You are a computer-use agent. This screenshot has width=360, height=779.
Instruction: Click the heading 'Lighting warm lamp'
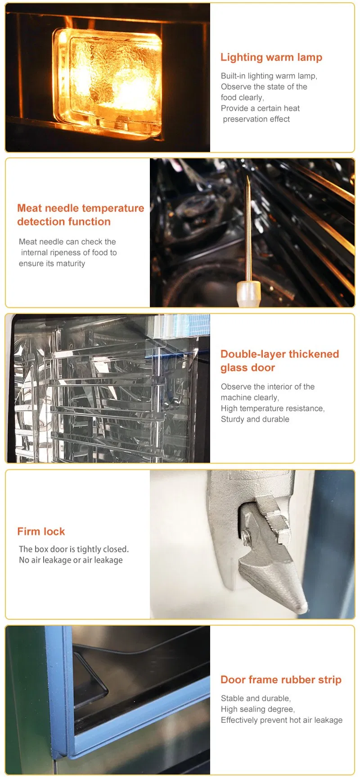click(271, 58)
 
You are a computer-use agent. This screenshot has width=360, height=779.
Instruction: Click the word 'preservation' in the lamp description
click(243, 119)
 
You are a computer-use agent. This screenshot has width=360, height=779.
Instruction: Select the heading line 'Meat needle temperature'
click(81, 208)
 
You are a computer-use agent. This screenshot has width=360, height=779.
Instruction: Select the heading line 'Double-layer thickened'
click(279, 354)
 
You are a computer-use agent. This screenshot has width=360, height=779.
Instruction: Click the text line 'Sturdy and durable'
click(255, 419)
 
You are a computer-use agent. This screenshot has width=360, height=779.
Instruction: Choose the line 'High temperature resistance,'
click(272, 409)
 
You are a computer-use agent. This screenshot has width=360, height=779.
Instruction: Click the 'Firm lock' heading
click(41, 531)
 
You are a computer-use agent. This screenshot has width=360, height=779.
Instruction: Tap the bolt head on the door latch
click(247, 535)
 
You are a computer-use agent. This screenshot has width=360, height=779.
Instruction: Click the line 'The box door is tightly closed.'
click(74, 549)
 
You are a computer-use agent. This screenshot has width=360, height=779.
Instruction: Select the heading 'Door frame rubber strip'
click(281, 680)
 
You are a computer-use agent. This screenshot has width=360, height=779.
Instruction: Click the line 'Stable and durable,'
click(256, 699)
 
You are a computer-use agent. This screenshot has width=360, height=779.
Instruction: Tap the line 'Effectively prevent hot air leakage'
click(281, 720)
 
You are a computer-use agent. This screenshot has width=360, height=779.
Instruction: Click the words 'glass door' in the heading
click(247, 368)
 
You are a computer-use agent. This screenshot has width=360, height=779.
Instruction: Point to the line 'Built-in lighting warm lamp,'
click(269, 76)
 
